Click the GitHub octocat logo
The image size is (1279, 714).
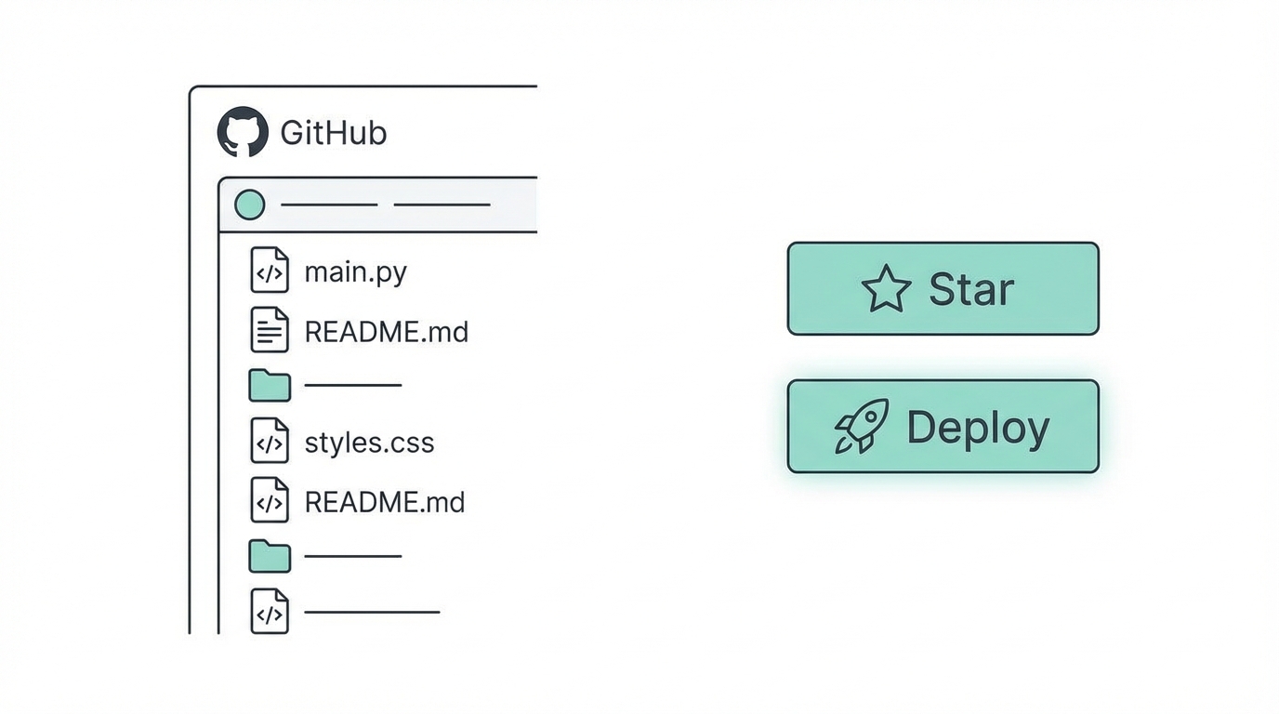(243, 132)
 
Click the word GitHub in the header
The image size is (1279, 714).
(333, 133)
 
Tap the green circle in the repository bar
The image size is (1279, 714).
(249, 205)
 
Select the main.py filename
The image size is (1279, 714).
(355, 272)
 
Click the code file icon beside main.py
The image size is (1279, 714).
(270, 271)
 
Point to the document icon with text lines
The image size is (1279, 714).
(270, 330)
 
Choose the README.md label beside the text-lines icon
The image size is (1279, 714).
(386, 332)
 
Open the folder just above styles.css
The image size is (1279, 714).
(270, 385)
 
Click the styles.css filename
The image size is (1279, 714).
(369, 443)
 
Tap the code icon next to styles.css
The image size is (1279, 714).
(270, 442)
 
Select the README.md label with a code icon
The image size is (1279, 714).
(384, 502)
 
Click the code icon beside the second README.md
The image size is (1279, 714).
(270, 500)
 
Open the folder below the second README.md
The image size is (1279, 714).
(270, 556)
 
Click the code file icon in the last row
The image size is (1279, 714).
(270, 611)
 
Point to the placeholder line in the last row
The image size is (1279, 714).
(372, 612)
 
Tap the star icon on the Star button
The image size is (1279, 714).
(886, 289)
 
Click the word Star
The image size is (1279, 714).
(970, 289)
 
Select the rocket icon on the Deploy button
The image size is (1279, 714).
(862, 427)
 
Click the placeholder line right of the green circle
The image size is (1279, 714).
(329, 205)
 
